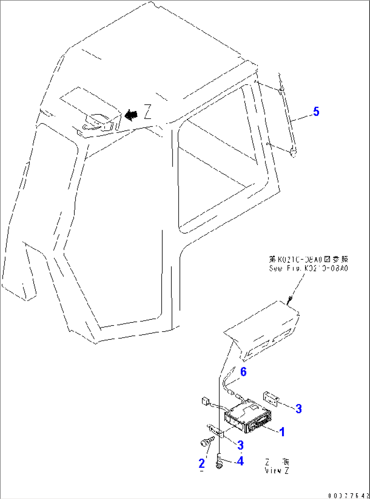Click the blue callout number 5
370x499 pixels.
tap(316, 111)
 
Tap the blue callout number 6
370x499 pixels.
tap(243, 372)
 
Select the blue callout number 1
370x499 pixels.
tap(282, 432)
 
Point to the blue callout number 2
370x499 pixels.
tap(202, 463)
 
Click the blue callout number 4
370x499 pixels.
tap(240, 461)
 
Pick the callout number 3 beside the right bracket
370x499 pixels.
tap(298, 409)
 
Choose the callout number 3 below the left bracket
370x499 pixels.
tap(240, 445)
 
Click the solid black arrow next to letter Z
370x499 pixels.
tap(131, 115)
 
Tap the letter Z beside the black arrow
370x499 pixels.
tap(147, 112)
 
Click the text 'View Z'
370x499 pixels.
tap(277, 471)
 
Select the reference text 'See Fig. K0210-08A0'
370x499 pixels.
tap(308, 268)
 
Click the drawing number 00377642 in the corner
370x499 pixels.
tap(348, 496)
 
